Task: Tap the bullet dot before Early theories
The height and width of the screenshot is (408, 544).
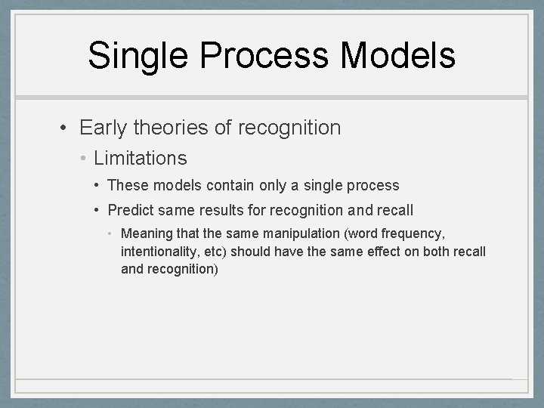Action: click(x=66, y=128)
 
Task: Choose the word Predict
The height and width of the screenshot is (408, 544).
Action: click(x=131, y=210)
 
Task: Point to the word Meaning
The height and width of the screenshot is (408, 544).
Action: click(x=147, y=233)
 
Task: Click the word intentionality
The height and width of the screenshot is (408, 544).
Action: click(x=156, y=251)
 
